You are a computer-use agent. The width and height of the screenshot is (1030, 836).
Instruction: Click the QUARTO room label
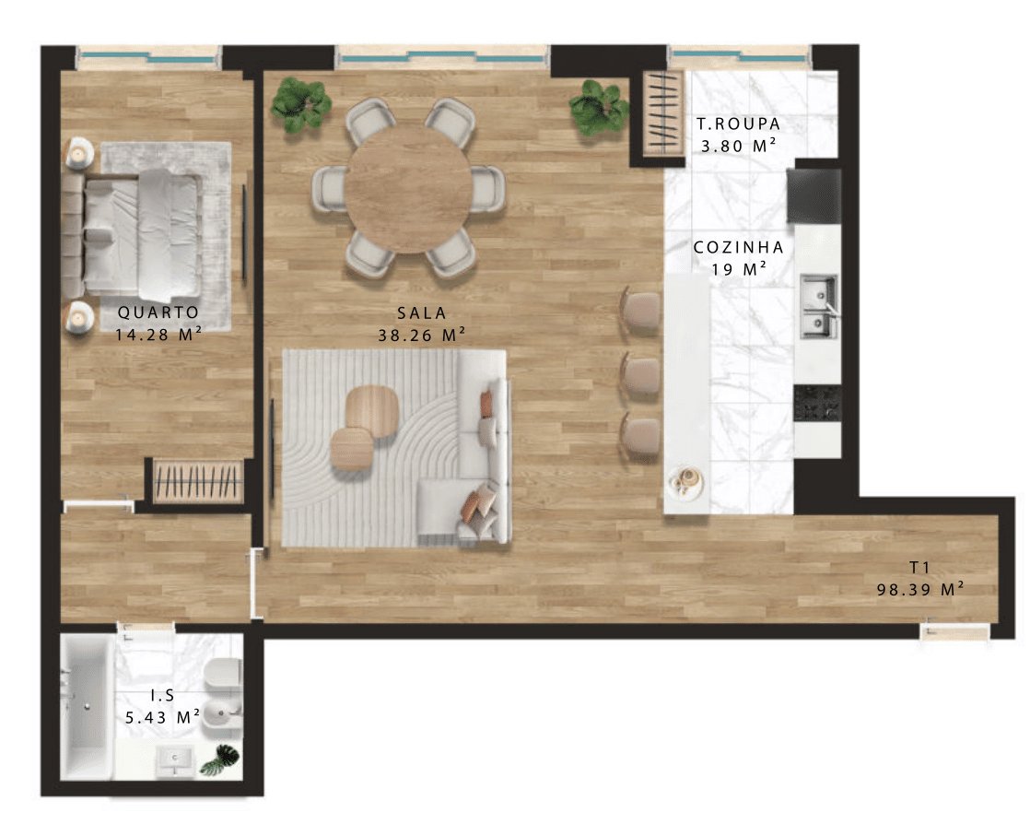click(158, 312)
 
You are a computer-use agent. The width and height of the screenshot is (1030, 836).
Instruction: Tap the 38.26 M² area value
click(421, 336)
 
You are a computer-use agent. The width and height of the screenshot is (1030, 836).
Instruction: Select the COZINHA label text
click(738, 247)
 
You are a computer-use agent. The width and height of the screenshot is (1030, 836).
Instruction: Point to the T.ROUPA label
click(738, 124)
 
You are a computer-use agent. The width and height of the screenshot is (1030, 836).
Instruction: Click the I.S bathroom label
click(162, 695)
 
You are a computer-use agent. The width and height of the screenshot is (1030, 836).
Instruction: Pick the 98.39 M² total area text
click(920, 589)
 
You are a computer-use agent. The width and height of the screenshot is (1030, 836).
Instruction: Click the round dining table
click(408, 189)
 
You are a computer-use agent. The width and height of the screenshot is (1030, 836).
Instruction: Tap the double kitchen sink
click(818, 306)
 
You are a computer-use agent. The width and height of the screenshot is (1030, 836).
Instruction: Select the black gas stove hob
click(817, 403)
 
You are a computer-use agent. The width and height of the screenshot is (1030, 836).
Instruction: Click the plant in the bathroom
click(219, 759)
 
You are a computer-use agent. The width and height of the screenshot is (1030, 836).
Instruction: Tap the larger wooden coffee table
click(372, 411)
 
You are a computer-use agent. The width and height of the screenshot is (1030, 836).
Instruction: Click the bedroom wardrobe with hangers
click(198, 481)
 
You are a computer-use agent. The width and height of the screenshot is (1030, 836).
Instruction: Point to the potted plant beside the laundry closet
click(599, 107)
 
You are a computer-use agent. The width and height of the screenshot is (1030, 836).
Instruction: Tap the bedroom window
click(149, 58)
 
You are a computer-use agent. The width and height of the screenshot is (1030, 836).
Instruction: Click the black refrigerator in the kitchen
click(814, 195)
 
